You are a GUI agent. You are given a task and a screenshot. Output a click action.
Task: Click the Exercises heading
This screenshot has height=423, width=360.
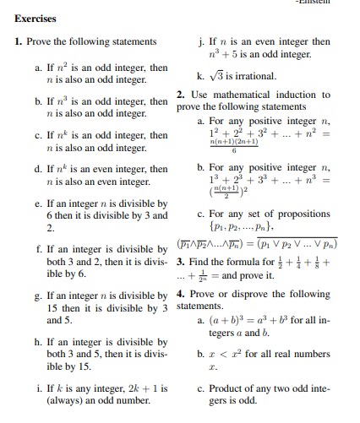point(34,19)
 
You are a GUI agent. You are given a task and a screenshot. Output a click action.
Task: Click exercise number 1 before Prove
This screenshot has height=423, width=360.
point(18,41)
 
